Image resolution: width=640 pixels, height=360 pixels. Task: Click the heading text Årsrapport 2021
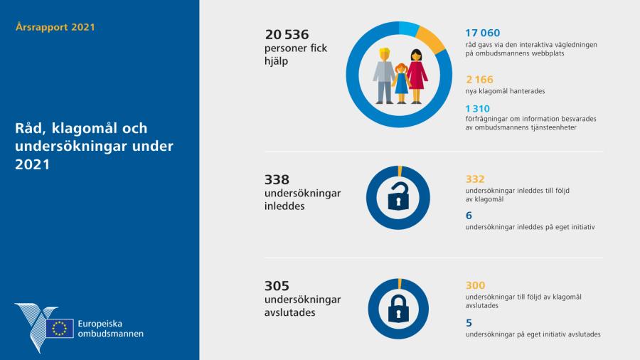54,27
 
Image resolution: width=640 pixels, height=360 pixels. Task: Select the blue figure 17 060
482,33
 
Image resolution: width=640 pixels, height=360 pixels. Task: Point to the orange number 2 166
479,80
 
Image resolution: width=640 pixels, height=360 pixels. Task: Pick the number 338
277,180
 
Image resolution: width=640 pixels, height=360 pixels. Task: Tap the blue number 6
469,215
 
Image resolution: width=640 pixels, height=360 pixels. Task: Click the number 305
277,285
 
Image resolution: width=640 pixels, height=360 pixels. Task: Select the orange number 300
475,285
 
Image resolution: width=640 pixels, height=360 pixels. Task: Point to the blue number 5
469,322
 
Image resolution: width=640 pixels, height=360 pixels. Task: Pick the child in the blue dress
401,84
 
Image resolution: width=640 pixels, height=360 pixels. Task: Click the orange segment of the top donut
432,38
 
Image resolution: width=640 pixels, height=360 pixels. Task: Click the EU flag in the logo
60,328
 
